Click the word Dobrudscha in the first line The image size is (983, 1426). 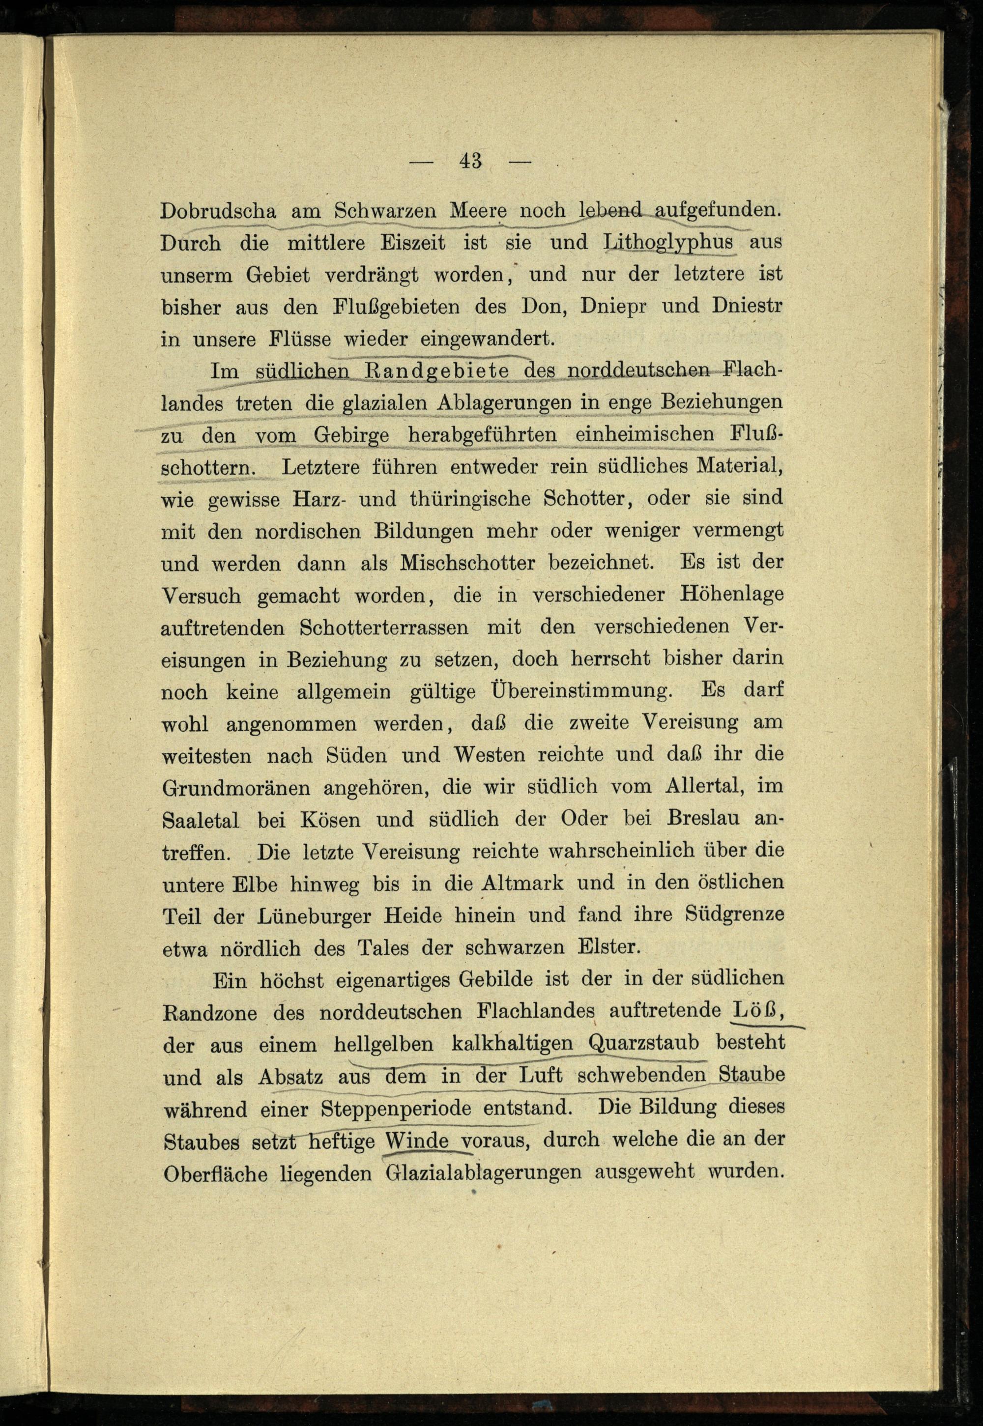click(218, 211)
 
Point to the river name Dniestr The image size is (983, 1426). click(747, 306)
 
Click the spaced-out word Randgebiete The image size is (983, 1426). click(436, 371)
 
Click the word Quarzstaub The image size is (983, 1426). click(644, 1044)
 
